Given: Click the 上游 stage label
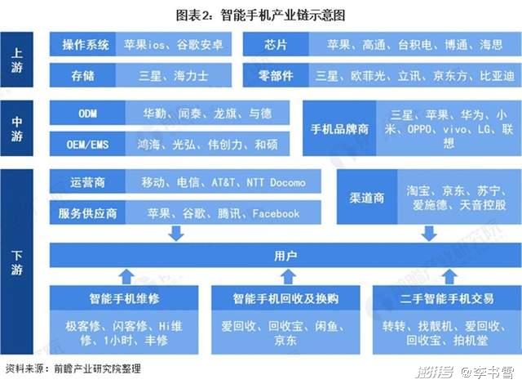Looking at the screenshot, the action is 16,60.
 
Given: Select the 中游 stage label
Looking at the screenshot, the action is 16,128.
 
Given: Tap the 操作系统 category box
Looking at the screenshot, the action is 82,44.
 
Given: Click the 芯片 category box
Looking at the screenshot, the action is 276,44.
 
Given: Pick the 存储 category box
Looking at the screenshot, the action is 82,76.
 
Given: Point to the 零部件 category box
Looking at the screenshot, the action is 276,76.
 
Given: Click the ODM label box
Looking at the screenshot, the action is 87,113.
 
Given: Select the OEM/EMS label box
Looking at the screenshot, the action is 87,144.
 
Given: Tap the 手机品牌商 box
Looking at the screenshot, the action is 339,128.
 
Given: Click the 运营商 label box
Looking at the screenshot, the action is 87,181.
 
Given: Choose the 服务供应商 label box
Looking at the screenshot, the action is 87,212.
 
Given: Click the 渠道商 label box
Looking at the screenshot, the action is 367,197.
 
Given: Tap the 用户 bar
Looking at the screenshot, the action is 285,256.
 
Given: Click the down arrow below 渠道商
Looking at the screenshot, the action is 429,234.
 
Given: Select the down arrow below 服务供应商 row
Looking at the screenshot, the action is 176,234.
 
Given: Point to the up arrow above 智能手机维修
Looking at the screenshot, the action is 127,277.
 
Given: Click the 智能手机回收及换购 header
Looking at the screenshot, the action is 285,298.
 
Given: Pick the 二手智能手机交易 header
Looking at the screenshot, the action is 447,298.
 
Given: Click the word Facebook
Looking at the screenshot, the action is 276,213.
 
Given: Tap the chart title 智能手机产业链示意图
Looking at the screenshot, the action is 283,16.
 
